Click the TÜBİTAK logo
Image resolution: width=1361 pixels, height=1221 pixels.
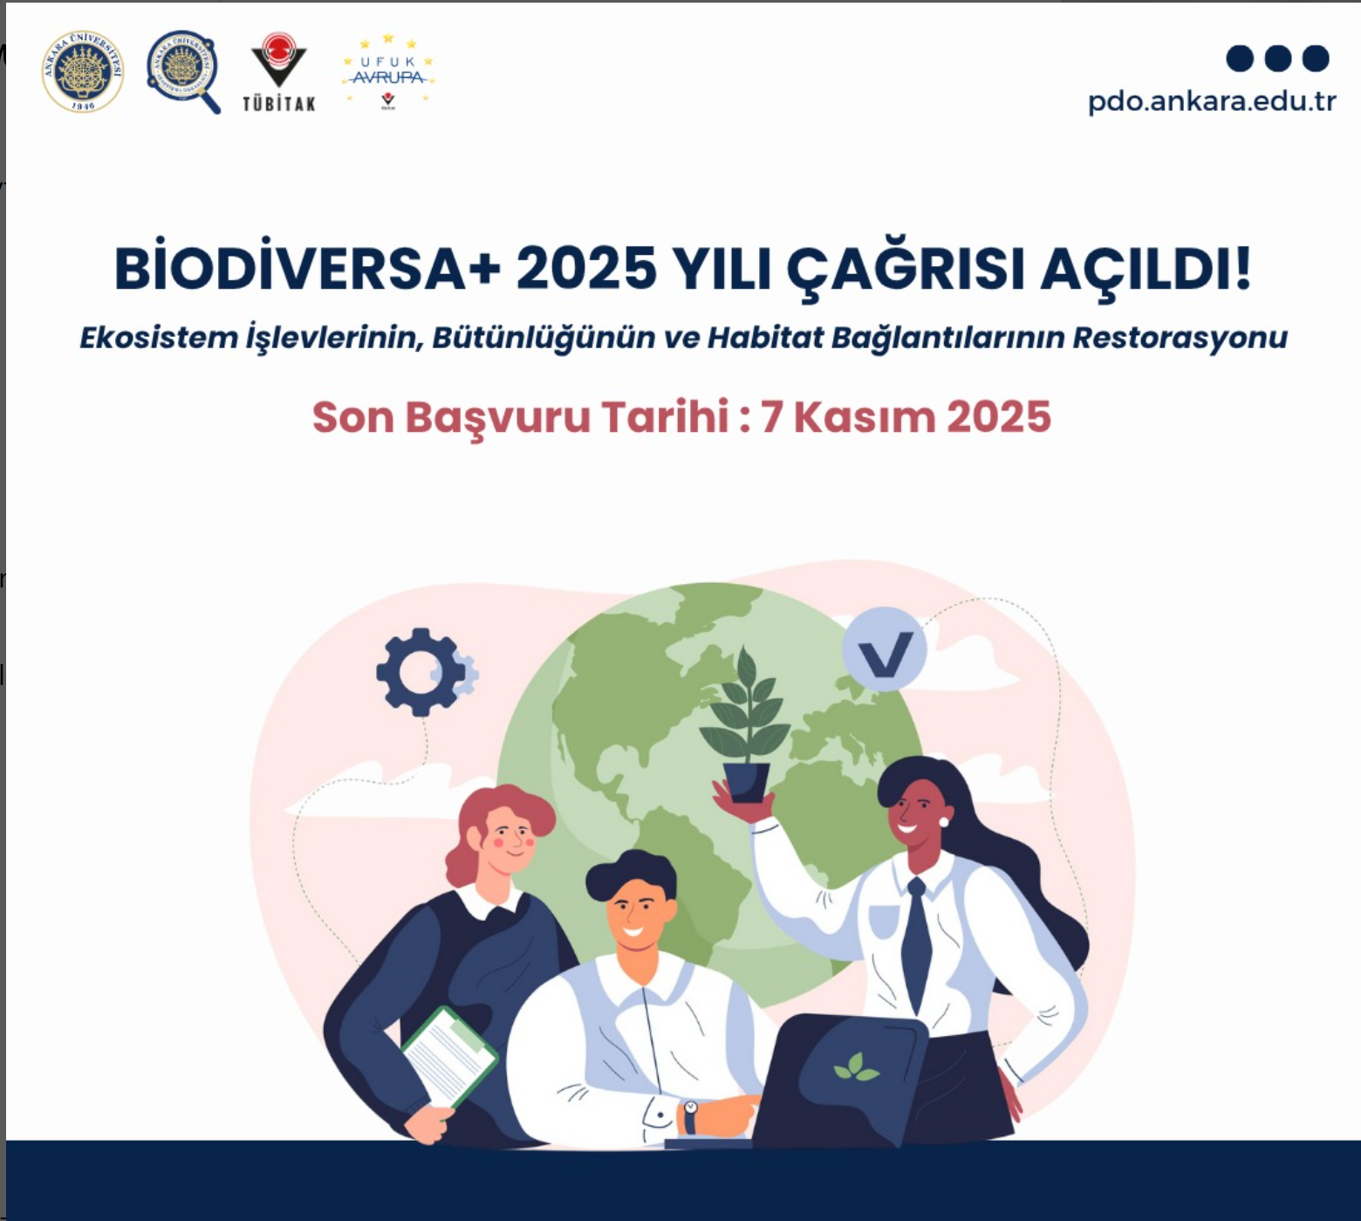point(279,73)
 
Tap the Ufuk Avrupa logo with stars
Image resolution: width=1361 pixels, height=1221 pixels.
point(388,72)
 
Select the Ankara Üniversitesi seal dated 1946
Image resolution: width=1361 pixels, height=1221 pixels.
point(83,72)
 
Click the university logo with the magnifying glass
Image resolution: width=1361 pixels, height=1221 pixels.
point(183,72)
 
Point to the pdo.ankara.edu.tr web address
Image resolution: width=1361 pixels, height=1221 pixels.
point(1212,101)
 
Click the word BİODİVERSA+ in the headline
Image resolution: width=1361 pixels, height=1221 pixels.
point(308,268)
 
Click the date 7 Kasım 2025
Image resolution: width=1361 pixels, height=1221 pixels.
point(906,417)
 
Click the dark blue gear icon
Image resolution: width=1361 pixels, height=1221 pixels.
point(421,672)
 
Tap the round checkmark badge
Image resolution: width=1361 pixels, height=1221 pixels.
point(885,649)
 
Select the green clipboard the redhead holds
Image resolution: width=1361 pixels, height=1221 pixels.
point(450,1057)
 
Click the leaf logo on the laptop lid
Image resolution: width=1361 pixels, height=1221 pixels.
point(856,1067)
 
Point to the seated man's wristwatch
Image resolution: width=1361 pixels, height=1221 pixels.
point(690,1116)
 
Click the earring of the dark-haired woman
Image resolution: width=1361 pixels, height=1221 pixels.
point(944,821)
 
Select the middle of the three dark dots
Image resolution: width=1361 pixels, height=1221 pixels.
point(1277,58)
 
